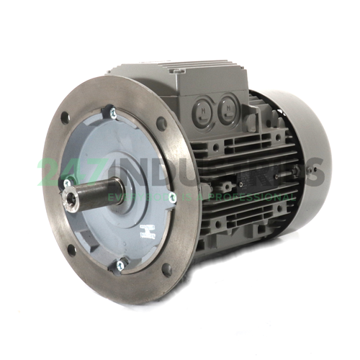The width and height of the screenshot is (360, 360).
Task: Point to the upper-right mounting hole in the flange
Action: click(x=161, y=122)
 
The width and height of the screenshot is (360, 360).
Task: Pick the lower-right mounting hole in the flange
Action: click(x=167, y=270)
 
